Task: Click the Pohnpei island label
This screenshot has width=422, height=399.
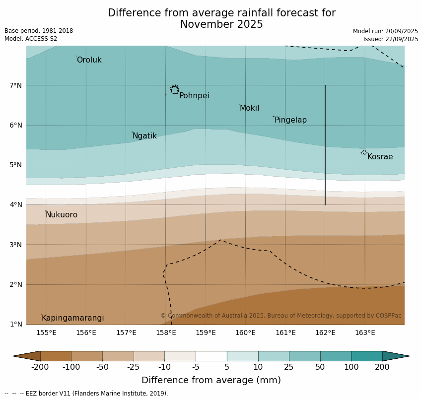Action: (x=194, y=96)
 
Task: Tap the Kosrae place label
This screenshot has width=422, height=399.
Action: (x=380, y=157)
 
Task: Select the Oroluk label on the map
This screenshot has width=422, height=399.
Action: (x=89, y=60)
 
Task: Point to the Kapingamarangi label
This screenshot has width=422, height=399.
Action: (x=72, y=318)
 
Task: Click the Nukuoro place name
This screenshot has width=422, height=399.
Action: (x=62, y=215)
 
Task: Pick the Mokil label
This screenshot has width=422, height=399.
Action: (x=249, y=108)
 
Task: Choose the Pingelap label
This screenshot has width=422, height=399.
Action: (x=290, y=120)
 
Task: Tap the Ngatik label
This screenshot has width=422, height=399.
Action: (x=144, y=136)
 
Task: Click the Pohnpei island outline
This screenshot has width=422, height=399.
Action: (x=174, y=90)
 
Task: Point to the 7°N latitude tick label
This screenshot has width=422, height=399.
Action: (x=16, y=85)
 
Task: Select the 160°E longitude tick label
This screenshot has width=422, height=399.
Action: (x=245, y=332)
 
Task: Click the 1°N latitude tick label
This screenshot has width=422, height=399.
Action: (x=16, y=324)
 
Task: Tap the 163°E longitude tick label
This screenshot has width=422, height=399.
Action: (x=365, y=332)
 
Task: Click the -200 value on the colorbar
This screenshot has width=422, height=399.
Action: (x=40, y=367)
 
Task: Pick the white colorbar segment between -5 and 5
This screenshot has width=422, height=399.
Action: (x=211, y=356)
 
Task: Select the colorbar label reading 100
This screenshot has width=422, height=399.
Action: (x=352, y=367)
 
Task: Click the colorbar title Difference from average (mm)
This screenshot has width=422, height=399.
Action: (x=211, y=381)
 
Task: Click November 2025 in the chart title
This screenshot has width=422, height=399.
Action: (x=221, y=24)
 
